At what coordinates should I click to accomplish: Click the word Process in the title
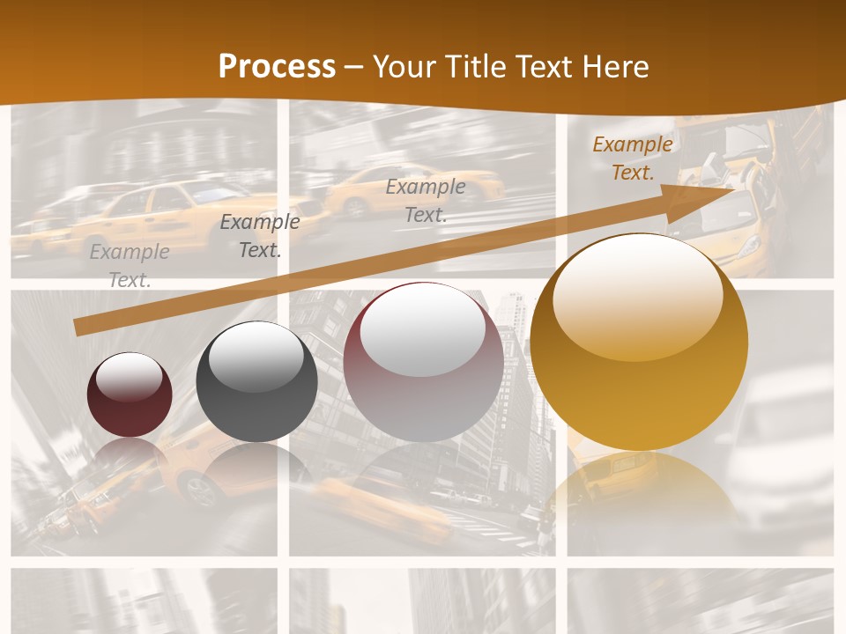coord(277,67)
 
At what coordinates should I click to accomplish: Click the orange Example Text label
coord(632,158)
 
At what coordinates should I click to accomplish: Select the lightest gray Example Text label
coord(130,265)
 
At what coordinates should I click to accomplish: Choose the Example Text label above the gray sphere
coord(259,235)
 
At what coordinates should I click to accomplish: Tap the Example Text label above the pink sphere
coord(426,200)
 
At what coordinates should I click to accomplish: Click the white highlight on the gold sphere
coord(638,295)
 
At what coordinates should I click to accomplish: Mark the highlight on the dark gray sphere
coord(256,357)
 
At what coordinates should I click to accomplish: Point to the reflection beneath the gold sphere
coord(639,493)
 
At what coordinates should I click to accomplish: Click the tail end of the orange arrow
coord(78,328)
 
